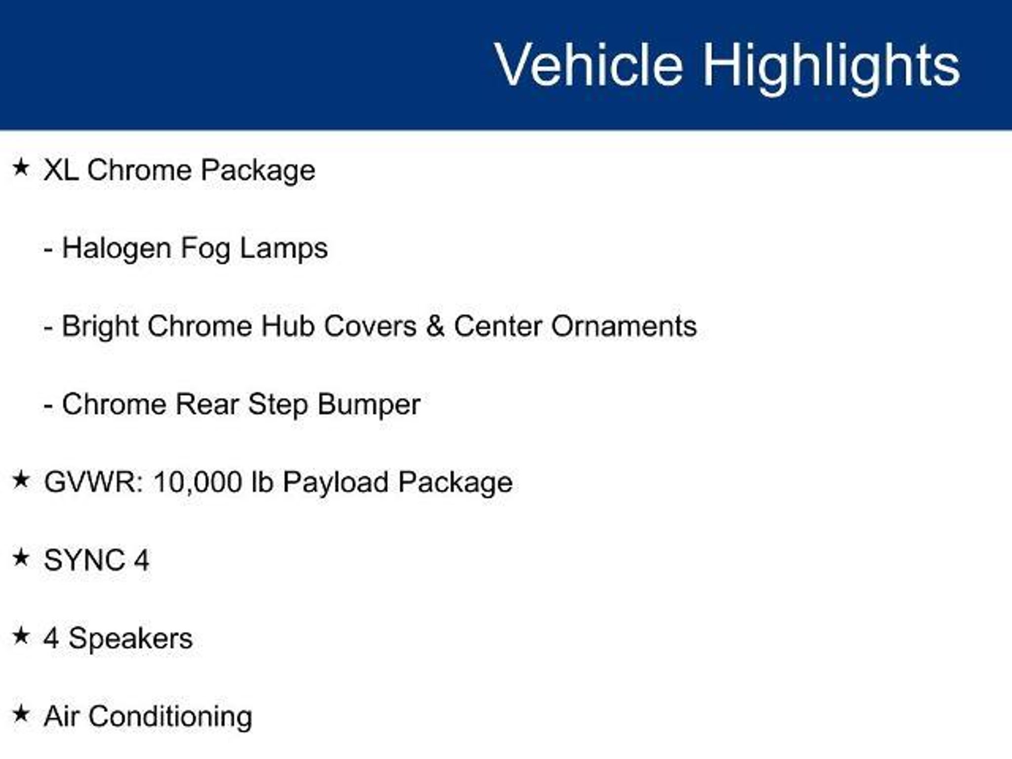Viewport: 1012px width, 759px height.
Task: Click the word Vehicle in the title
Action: click(589, 65)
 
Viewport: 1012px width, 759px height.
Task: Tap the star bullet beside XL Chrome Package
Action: click(21, 167)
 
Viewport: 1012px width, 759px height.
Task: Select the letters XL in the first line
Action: click(61, 170)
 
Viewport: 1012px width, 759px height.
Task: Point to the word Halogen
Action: click(117, 249)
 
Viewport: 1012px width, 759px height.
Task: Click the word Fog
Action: click(205, 249)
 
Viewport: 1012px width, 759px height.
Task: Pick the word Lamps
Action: click(284, 249)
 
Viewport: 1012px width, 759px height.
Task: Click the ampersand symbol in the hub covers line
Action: click(435, 326)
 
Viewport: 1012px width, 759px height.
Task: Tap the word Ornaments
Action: click(624, 326)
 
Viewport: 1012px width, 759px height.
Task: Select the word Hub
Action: click(288, 326)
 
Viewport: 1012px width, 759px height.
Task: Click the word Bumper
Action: click(369, 405)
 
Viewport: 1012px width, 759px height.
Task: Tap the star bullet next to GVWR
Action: click(21, 479)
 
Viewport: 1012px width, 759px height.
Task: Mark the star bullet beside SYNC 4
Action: click(21, 557)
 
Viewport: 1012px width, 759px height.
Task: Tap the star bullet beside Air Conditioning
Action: click(21, 714)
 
